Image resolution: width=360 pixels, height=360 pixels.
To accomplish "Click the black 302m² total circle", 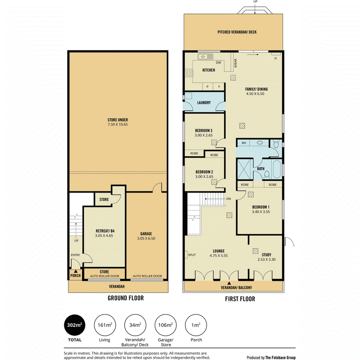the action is [75, 325].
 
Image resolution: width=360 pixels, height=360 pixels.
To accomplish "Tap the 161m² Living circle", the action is [105, 325].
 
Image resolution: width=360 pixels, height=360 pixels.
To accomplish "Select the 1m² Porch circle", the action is [196, 325].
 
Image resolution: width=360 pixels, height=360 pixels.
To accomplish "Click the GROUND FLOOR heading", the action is [126, 298].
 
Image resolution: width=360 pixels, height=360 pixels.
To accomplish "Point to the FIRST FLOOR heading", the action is [240, 299].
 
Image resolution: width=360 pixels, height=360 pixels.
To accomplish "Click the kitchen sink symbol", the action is [205, 57].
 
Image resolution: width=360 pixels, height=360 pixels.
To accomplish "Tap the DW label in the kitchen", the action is [219, 63].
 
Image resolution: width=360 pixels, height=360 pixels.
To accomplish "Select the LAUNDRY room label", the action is [204, 103].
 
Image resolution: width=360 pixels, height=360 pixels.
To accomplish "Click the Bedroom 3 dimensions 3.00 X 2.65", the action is [204, 135].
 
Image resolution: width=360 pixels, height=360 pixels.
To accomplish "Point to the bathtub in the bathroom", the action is [276, 169].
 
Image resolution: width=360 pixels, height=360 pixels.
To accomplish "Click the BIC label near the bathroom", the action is [244, 143].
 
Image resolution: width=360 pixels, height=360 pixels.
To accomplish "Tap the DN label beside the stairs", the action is [229, 199].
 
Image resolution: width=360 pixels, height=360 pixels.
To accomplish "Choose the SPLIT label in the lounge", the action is [192, 255].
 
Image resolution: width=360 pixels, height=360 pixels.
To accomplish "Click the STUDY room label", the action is [266, 255].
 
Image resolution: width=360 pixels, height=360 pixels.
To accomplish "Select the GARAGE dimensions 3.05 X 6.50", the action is [146, 238].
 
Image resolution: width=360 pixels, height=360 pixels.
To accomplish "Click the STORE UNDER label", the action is [118, 120].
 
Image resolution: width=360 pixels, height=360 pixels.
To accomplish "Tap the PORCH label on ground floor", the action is [76, 275].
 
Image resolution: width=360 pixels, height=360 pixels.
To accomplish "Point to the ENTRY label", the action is [76, 255].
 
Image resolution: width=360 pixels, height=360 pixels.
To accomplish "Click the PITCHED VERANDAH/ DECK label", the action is [237, 32].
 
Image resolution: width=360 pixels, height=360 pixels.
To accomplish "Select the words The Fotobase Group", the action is [280, 357].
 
